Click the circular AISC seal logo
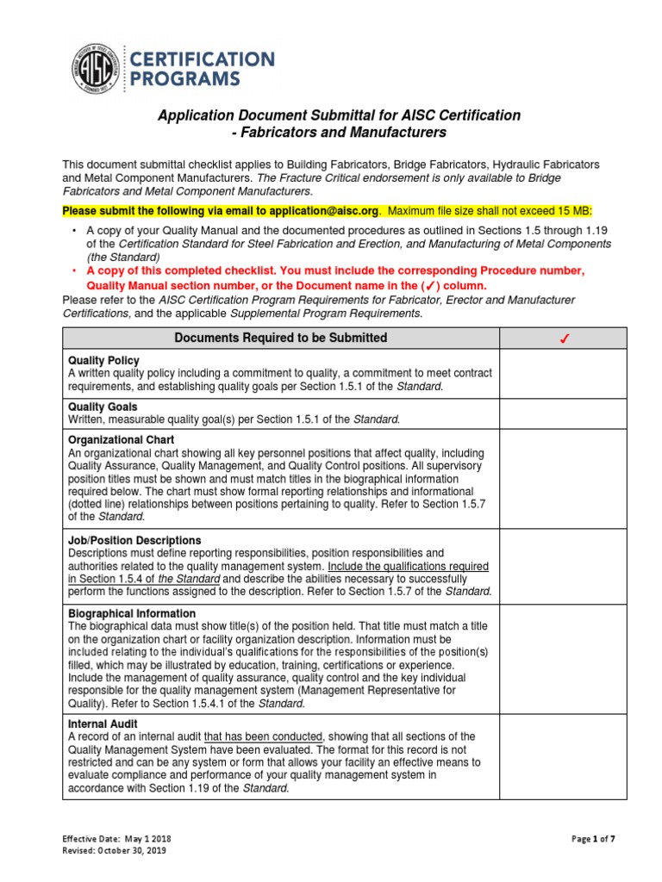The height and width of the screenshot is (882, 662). [97, 70]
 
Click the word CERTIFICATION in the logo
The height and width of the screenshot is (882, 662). [203, 59]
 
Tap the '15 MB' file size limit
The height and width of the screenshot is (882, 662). [572, 212]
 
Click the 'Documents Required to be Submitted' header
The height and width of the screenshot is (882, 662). [281, 338]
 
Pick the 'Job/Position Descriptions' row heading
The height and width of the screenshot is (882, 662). [134, 540]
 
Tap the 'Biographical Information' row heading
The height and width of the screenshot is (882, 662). [132, 613]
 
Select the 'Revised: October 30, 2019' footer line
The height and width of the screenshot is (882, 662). [115, 850]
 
